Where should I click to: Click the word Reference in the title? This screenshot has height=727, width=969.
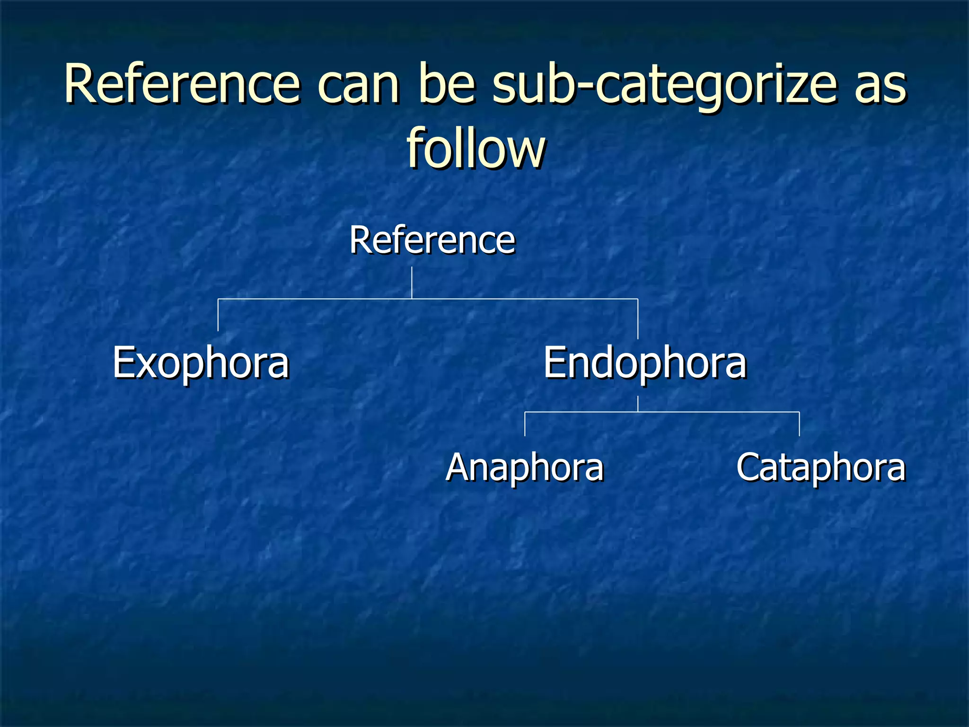tap(182, 84)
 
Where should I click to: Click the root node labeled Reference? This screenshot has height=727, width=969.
tap(432, 240)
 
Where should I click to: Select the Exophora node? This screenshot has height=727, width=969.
tap(201, 363)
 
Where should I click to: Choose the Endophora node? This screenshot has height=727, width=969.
tap(644, 363)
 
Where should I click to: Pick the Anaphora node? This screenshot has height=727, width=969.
tap(525, 468)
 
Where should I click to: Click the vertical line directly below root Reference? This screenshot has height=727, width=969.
tap(412, 283)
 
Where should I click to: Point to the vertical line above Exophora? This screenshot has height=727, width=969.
tap(218, 315)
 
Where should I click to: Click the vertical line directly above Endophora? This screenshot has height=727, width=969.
tap(638, 319)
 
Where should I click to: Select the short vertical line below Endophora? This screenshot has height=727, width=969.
tap(638, 404)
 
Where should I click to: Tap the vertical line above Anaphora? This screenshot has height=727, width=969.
tap(525, 424)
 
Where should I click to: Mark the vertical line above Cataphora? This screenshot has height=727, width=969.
tap(800, 424)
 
